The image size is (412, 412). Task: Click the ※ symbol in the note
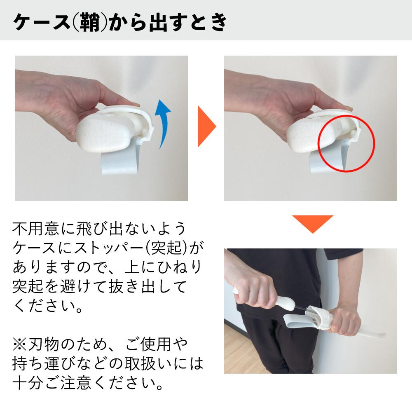coord(19,343)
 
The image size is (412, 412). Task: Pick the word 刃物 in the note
coord(43,343)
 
